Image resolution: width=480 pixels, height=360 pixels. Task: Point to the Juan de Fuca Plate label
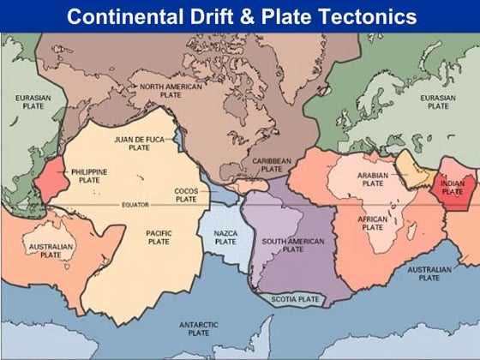point(139,142)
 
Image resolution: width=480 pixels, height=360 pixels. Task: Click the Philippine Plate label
point(89,176)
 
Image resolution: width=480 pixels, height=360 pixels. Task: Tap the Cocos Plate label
point(186,195)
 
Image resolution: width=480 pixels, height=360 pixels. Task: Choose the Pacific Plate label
point(159,237)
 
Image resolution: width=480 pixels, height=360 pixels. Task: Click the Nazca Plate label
point(225,237)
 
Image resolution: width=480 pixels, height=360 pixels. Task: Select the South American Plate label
point(293,245)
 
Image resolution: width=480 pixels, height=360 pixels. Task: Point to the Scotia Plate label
point(295,299)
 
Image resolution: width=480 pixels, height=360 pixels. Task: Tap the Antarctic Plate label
point(199,328)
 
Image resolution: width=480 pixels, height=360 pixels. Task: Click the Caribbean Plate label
point(272,165)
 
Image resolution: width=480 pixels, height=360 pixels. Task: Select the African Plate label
point(373,223)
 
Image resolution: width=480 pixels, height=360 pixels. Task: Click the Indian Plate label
point(452,187)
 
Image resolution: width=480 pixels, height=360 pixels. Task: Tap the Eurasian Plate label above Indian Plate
point(438,102)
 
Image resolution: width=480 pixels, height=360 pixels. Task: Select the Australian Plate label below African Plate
point(423,273)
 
